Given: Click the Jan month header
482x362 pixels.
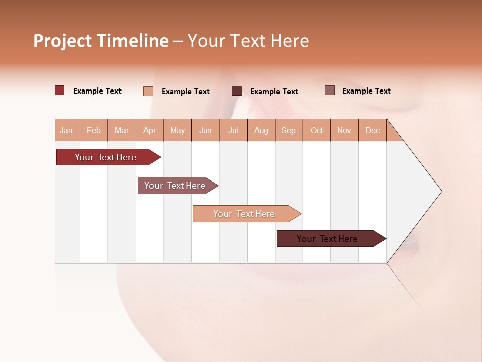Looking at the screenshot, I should [x=66, y=130].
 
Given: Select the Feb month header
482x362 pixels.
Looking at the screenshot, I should [x=94, y=130].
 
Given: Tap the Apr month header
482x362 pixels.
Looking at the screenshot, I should [x=149, y=130].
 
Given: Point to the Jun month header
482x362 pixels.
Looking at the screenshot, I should [x=205, y=130].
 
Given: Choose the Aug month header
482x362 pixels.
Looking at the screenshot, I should [x=261, y=130].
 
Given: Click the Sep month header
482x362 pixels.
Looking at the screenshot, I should [x=288, y=130].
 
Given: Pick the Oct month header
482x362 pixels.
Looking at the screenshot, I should [x=317, y=130].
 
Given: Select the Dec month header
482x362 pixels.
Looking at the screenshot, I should [x=372, y=130].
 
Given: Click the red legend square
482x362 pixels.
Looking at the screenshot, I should [x=60, y=90].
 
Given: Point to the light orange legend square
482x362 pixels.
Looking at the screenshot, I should [x=148, y=91].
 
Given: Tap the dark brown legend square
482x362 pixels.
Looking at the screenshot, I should [x=237, y=91].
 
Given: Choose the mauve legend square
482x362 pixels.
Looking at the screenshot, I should [x=329, y=90].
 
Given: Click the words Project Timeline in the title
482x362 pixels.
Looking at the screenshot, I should [x=101, y=41].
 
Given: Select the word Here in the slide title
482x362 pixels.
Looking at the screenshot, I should [x=290, y=41].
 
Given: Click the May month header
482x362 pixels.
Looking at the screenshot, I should [x=177, y=130].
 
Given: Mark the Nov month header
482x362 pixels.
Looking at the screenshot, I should [x=344, y=130].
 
